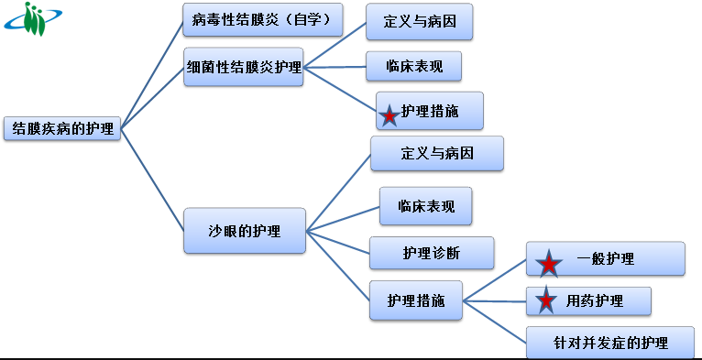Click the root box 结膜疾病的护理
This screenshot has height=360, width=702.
[x=62, y=129]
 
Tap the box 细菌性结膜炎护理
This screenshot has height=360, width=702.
[x=243, y=67]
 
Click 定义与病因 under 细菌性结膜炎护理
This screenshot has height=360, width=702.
[x=419, y=21]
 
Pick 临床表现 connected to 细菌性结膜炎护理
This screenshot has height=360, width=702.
[x=412, y=66]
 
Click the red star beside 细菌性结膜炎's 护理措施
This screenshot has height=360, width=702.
[x=389, y=115]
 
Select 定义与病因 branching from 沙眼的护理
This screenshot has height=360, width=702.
[x=437, y=153]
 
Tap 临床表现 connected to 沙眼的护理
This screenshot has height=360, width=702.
[x=426, y=206]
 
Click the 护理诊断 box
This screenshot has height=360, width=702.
[x=432, y=253]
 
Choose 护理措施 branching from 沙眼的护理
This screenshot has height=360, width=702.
[x=416, y=300]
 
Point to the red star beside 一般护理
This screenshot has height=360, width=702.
[x=548, y=264]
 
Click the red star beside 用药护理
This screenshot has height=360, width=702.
[x=546, y=300]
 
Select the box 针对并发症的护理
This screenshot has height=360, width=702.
[x=609, y=343]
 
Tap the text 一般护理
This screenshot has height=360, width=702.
[x=606, y=259]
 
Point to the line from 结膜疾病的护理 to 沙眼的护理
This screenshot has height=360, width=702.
[x=151, y=179]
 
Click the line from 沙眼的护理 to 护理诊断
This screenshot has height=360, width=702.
[x=337, y=240]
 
